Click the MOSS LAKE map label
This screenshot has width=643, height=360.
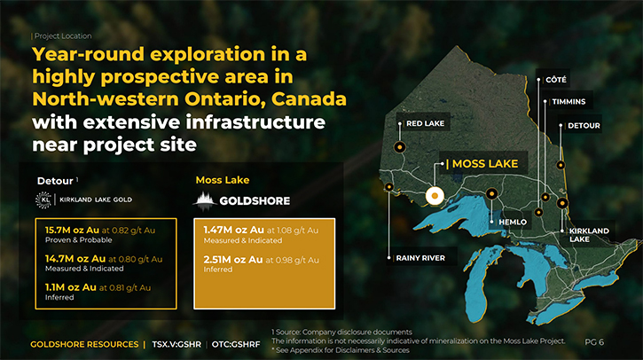pyautogui.click(x=485, y=164)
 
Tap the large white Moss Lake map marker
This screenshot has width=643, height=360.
pyautogui.click(x=435, y=196)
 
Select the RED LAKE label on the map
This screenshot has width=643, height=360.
pyautogui.click(x=425, y=123)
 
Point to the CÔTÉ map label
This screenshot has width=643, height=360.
pyautogui.click(x=556, y=80)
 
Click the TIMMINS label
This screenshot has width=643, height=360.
pyautogui.click(x=569, y=102)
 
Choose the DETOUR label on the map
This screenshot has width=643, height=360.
pyautogui.click(x=584, y=125)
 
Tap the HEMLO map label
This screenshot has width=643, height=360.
pyautogui.click(x=513, y=222)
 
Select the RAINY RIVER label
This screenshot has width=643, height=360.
pyautogui.click(x=420, y=258)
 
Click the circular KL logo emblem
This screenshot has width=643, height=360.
pyautogui.click(x=43, y=200)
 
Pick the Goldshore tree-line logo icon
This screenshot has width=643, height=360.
pyautogui.click(x=205, y=200)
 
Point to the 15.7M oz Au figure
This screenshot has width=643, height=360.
pyautogui.click(x=72, y=230)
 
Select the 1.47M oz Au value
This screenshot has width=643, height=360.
pyautogui.click(x=234, y=230)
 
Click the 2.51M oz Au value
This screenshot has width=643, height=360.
pyautogui.click(x=233, y=260)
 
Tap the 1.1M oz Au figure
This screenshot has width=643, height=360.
pyautogui.click(x=71, y=287)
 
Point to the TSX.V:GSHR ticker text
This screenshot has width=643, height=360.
pyautogui.click(x=176, y=344)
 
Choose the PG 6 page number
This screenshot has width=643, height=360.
pyautogui.click(x=594, y=342)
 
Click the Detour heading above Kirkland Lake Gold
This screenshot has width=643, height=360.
pyautogui.click(x=55, y=181)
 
